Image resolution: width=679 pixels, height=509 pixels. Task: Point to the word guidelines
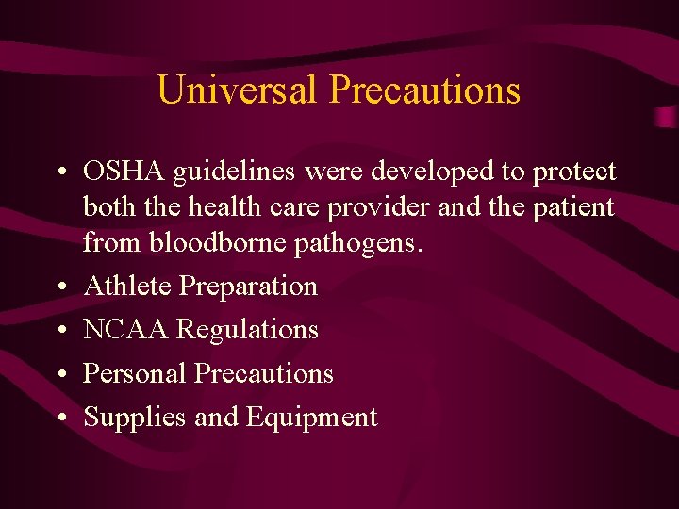(x=229, y=172)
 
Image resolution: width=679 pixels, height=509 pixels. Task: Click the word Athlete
(x=127, y=286)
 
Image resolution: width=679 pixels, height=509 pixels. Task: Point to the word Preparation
(x=248, y=287)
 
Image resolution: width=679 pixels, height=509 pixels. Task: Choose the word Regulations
(x=248, y=331)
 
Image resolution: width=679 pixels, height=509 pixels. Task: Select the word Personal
(x=135, y=373)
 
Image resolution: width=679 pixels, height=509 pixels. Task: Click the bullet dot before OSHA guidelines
(x=59, y=173)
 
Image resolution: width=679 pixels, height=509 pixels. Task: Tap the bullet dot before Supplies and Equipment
(x=59, y=419)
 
